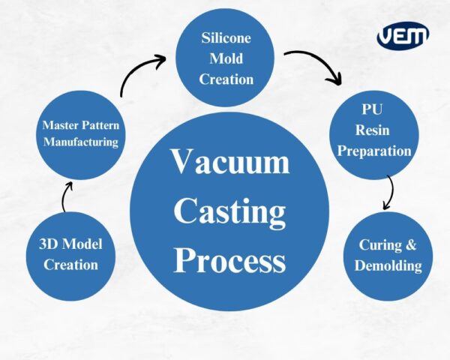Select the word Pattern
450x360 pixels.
100,124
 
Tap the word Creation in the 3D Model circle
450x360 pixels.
70,264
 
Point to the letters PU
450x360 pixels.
373,110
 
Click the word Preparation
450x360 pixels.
373,151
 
